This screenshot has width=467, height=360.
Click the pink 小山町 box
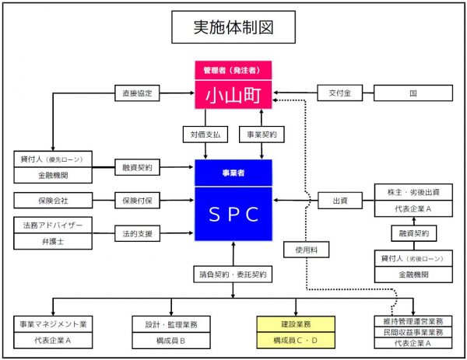(233, 96)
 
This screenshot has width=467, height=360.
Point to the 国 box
(413, 93)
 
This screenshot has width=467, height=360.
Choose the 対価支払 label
(205, 134)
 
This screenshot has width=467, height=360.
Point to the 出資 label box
(339, 200)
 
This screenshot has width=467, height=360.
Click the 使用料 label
(300, 251)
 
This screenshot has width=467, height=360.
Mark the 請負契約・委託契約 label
(233, 274)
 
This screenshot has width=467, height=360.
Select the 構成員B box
(171, 340)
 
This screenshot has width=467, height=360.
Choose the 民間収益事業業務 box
(413, 332)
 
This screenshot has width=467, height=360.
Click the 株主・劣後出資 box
(413, 192)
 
